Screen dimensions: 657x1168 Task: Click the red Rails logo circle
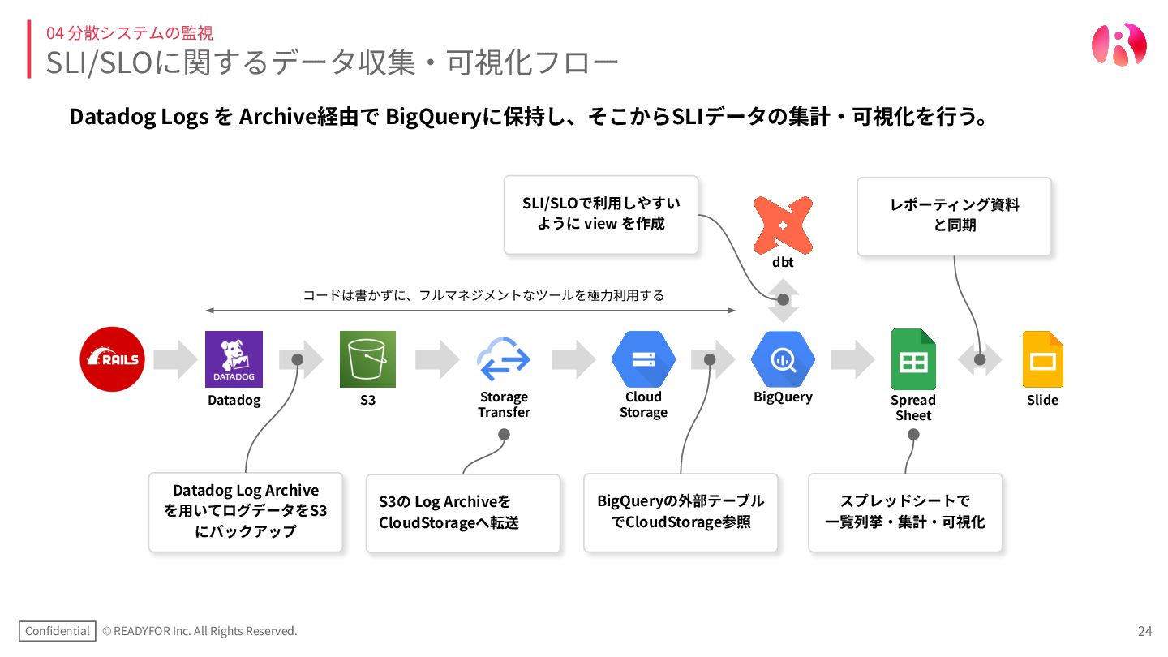112,359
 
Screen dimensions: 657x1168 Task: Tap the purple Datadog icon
234,359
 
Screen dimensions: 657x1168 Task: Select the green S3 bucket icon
367,359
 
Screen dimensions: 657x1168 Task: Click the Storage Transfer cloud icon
504,359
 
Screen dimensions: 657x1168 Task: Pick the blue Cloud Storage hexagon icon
643,359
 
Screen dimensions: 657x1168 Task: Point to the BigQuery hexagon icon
783,359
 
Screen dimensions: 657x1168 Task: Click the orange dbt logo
783,224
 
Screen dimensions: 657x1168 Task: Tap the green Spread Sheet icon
913,359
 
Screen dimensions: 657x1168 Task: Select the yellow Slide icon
1042,359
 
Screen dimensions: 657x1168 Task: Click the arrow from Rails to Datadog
175,359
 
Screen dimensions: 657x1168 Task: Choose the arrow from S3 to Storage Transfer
437,359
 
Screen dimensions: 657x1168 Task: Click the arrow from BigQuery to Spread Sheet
852,359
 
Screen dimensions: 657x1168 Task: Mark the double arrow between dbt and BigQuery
783,300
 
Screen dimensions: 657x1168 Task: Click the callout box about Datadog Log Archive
246,512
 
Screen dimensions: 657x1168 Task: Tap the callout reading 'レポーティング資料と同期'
954,216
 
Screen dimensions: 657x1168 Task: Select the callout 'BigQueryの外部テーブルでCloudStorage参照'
681,512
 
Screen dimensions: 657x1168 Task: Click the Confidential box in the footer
57,631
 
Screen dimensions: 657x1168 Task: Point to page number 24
1144,631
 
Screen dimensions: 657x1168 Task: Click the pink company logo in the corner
1119,44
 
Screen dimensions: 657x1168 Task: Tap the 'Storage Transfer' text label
504,405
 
